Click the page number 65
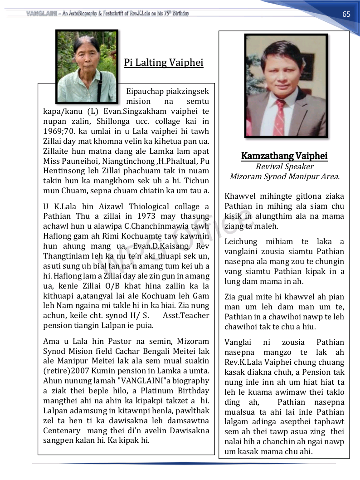coord(346,14)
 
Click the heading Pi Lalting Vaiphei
coord(164,63)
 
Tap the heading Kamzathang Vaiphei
coord(284,156)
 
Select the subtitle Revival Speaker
coord(284,167)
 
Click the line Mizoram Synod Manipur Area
coord(284,176)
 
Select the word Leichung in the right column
coord(240,242)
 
